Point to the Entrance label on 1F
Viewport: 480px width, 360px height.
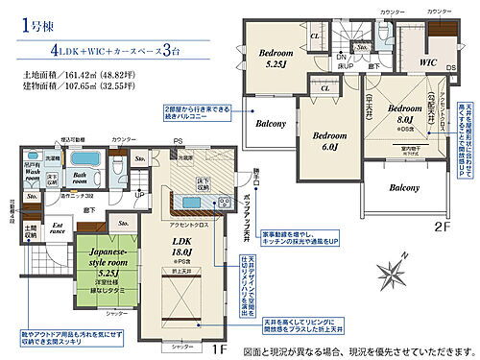[31, 228]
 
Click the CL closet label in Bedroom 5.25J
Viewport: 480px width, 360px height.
[315, 37]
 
